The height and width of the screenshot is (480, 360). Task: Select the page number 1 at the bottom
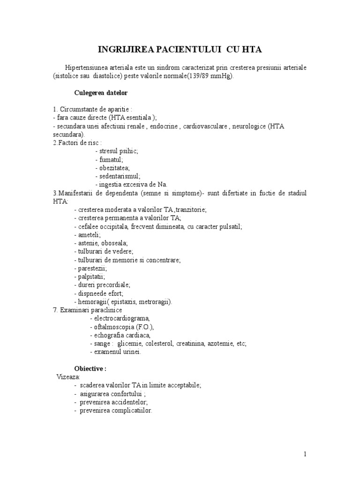click(x=305, y=454)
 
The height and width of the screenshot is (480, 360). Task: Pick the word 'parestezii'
click(x=92, y=268)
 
